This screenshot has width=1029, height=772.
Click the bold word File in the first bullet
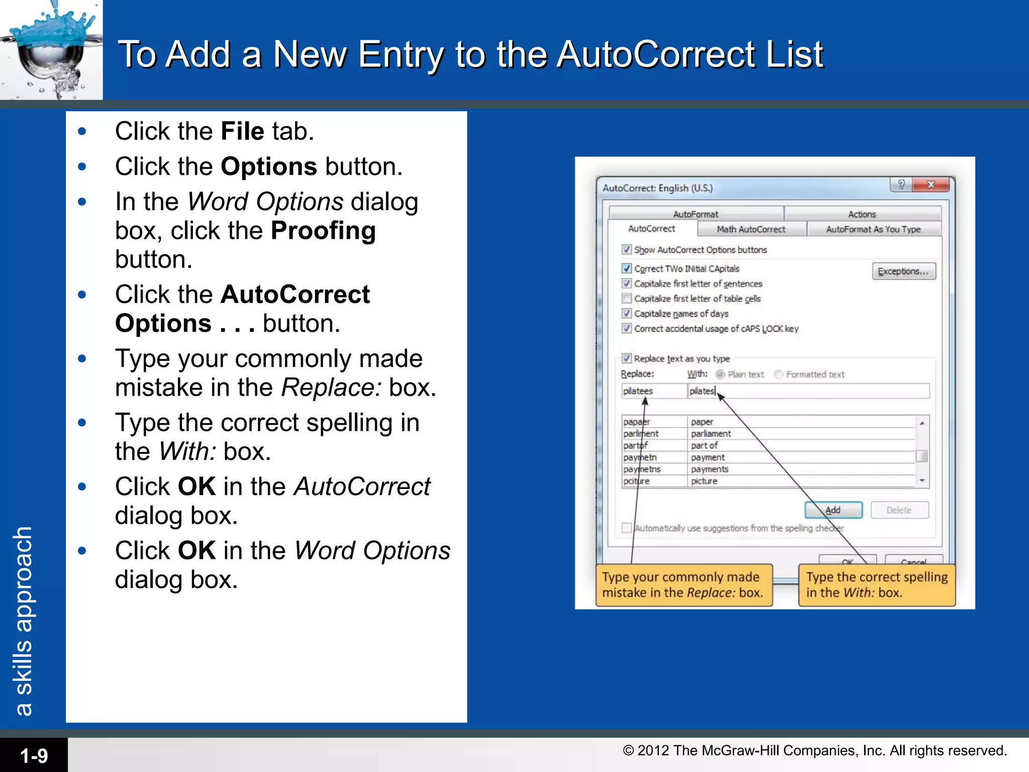tap(242, 132)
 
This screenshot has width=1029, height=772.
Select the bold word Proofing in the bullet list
tap(323, 231)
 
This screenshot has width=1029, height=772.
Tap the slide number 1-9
tap(34, 755)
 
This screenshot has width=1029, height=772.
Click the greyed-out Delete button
tap(899, 510)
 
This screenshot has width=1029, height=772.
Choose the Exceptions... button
tap(903, 271)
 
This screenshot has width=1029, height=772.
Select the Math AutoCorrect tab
tap(751, 229)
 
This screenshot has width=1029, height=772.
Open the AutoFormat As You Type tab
tap(873, 229)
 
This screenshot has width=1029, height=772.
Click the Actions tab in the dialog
tap(862, 214)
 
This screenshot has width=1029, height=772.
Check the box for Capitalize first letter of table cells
tap(627, 299)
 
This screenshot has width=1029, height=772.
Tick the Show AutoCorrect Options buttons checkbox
tap(627, 250)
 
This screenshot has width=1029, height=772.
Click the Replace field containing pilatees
tap(653, 391)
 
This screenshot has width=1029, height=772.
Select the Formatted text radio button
tap(779, 374)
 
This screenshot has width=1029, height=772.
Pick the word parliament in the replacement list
tap(711, 434)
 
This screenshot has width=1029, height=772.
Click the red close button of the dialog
tap(931, 184)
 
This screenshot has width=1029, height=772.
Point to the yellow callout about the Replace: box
tap(683, 585)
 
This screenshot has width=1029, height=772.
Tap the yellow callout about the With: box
tap(877, 585)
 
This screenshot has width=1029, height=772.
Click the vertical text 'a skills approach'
tap(24, 621)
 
